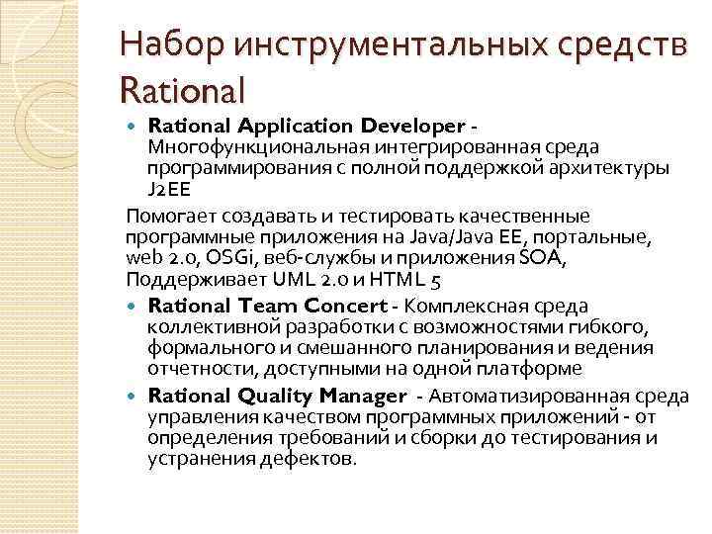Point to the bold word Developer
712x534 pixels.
(412, 127)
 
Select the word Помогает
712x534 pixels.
(173, 216)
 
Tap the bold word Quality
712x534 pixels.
(274, 396)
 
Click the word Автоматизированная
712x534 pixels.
(516, 396)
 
